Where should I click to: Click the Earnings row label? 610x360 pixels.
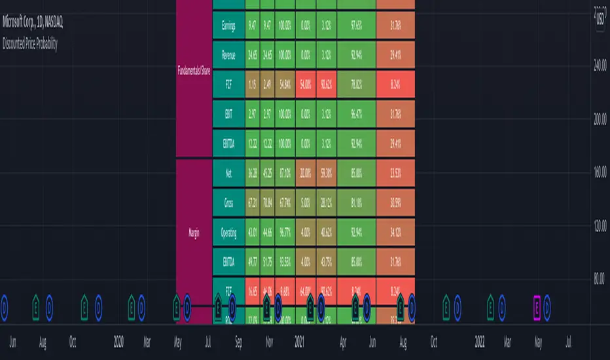point(228,26)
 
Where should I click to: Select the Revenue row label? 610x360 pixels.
point(228,56)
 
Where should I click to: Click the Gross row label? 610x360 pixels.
point(228,202)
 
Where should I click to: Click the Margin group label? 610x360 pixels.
point(194,231)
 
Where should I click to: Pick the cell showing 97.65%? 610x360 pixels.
point(357,26)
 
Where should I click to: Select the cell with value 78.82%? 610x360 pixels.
point(357,85)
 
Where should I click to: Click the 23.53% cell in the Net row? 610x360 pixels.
point(395,173)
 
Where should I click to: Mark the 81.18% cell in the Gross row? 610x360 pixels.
point(357,202)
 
